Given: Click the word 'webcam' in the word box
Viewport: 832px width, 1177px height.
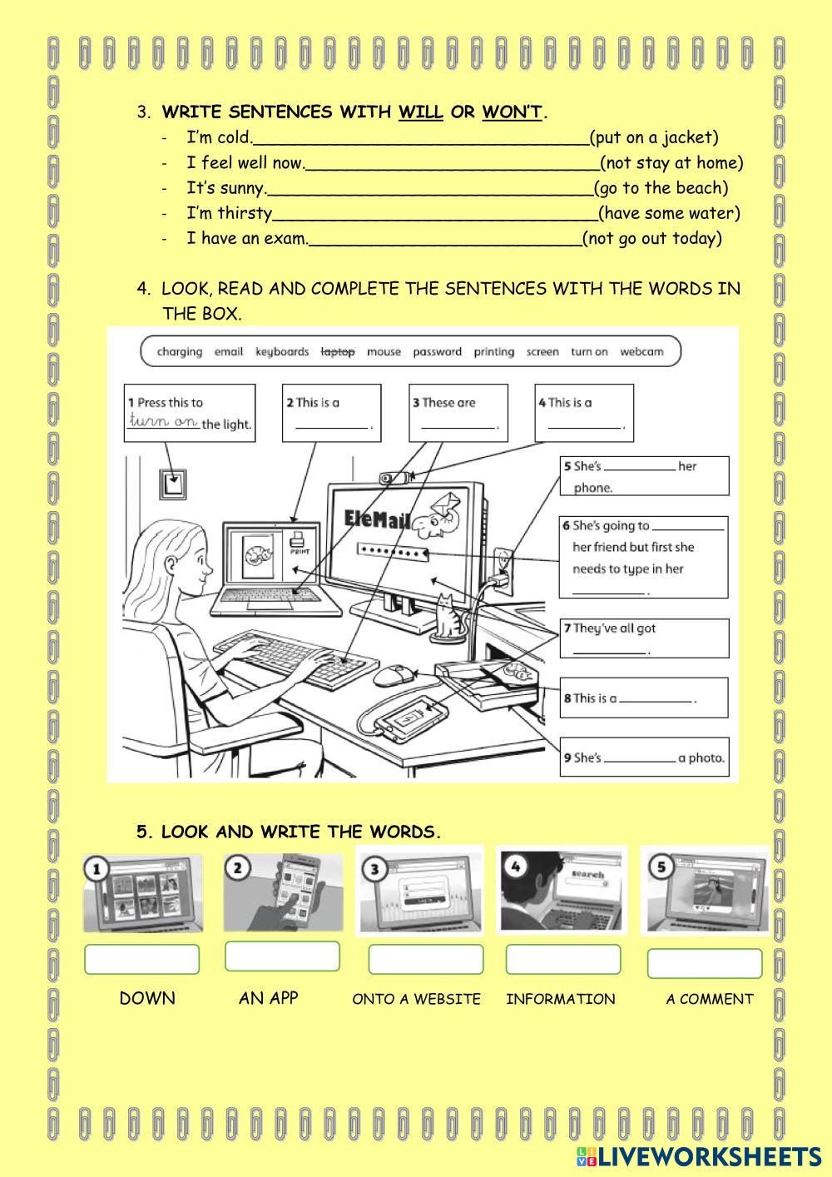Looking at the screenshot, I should click(x=641, y=352).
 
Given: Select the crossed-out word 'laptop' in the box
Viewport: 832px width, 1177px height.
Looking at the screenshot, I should click(x=338, y=352).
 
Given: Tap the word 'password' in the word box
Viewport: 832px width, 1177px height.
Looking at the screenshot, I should click(x=437, y=352).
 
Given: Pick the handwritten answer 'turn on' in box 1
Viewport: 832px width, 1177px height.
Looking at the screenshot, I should click(x=163, y=421).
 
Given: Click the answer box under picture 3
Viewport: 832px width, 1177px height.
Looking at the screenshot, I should click(x=425, y=959).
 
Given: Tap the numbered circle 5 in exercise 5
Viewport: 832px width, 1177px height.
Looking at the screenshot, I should click(x=661, y=867).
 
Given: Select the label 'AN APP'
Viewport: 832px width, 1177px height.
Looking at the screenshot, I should click(x=268, y=998).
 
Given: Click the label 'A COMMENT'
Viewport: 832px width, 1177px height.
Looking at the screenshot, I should click(x=709, y=999).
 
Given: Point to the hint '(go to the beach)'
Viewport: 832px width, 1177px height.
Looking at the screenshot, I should click(x=661, y=188).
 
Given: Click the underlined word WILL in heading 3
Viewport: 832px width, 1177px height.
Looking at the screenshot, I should click(x=420, y=112).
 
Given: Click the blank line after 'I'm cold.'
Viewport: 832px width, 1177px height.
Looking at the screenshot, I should click(x=420, y=140).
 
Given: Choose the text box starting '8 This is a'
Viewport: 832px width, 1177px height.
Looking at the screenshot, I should click(x=644, y=698).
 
